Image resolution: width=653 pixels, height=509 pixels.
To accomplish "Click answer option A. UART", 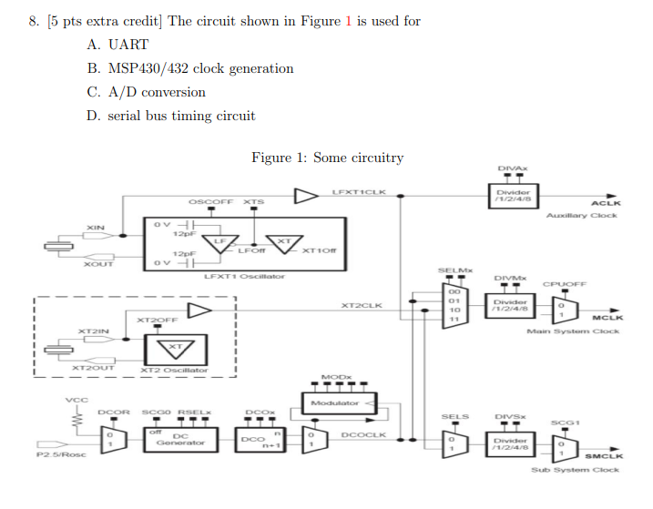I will click(x=117, y=45).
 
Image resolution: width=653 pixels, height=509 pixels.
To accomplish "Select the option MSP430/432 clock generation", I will click(x=190, y=68).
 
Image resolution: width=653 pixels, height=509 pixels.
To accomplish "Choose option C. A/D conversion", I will click(x=147, y=92).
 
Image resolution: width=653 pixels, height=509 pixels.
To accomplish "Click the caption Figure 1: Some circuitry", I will click(x=327, y=158).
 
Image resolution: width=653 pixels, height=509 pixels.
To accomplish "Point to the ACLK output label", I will click(x=606, y=204).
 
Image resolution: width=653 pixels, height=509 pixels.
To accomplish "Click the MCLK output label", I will click(x=607, y=318).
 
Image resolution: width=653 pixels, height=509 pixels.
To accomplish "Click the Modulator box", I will click(x=333, y=402).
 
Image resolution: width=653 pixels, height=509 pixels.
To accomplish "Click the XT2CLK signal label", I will click(x=362, y=306).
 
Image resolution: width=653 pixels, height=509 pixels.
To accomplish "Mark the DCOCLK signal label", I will click(x=363, y=435).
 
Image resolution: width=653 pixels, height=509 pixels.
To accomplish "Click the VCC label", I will click(x=70, y=399).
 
